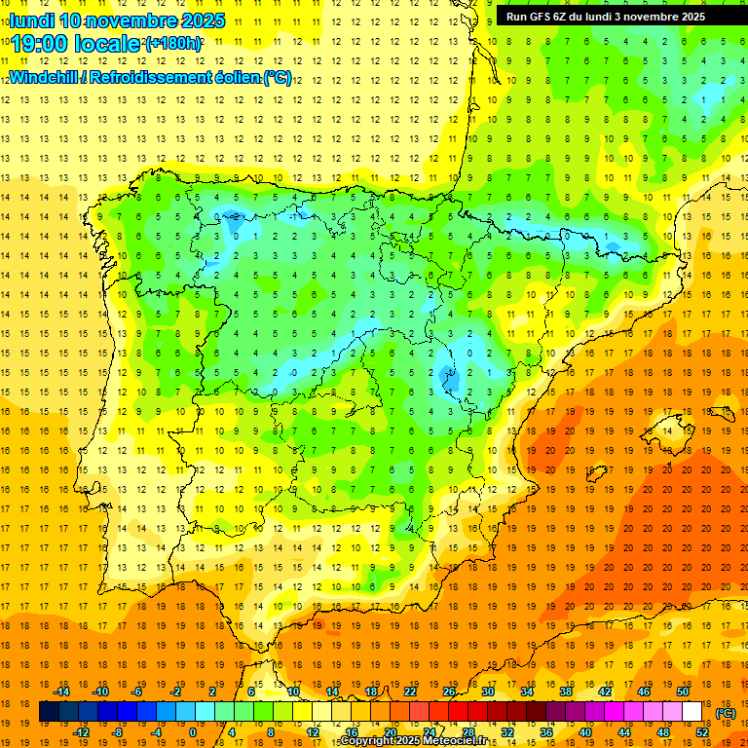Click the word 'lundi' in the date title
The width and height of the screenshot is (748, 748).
click(x=31, y=20)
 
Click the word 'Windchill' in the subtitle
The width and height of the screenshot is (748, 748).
click(x=43, y=77)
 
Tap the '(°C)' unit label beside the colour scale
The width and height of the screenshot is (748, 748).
click(x=725, y=713)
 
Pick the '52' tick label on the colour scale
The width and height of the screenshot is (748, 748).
click(x=702, y=732)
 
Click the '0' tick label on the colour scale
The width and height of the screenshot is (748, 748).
click(x=193, y=732)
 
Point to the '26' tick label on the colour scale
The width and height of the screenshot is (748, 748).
click(x=449, y=691)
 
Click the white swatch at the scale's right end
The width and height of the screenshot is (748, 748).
click(x=692, y=712)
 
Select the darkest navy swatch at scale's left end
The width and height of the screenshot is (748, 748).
click(x=49, y=712)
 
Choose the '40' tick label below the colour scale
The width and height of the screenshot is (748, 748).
click(x=585, y=732)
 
